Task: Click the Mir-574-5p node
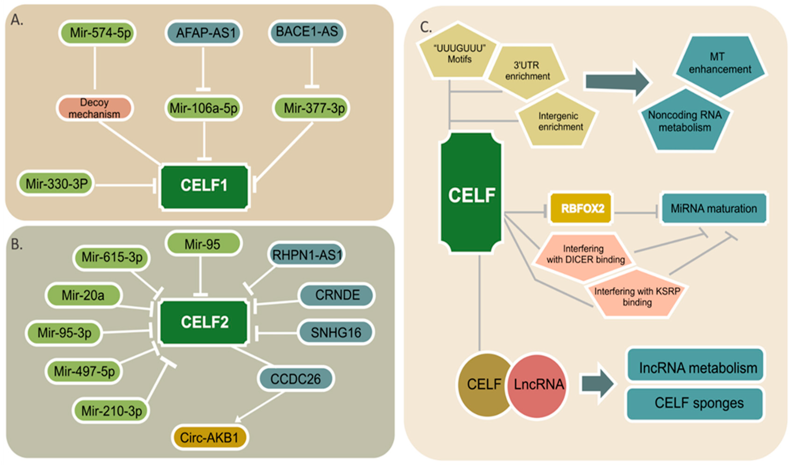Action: [97, 33]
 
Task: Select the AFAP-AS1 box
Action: [204, 33]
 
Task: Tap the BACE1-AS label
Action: [307, 32]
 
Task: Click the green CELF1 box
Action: [204, 186]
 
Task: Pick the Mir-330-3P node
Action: [56, 184]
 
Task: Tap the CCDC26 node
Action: [296, 379]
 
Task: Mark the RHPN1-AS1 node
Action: [306, 255]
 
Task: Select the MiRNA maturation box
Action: [713, 208]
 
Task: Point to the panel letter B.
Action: [16, 244]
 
